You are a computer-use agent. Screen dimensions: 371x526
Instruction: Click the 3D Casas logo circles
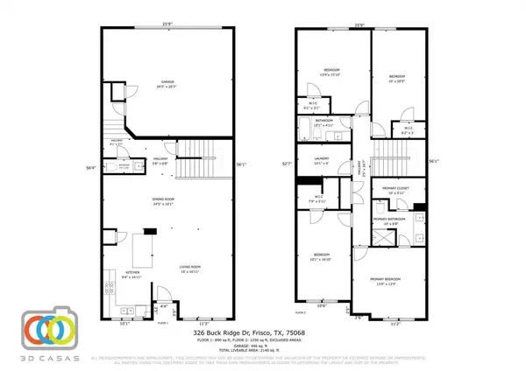pos(46,328)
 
